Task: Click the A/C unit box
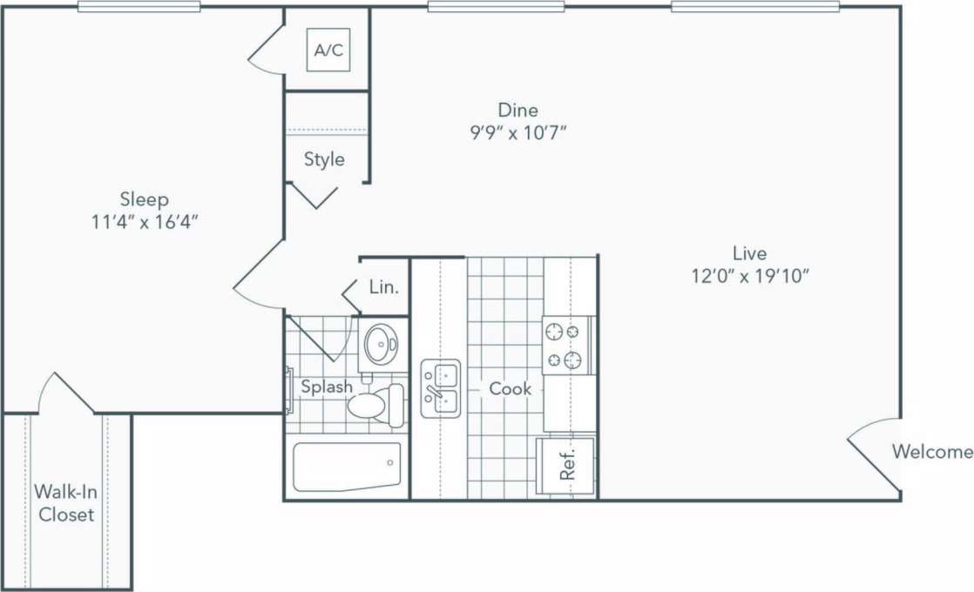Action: pyautogui.click(x=328, y=50)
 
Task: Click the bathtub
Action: pyautogui.click(x=347, y=467)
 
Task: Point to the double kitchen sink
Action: pyautogui.click(x=441, y=388)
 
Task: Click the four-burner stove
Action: pyautogui.click(x=563, y=345)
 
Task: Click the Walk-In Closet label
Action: pyautogui.click(x=66, y=503)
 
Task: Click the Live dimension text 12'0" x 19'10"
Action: pyautogui.click(x=749, y=277)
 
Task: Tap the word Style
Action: pyautogui.click(x=324, y=159)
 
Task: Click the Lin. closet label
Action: pyautogui.click(x=383, y=286)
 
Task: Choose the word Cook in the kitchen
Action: pyautogui.click(x=511, y=388)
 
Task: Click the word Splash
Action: pyautogui.click(x=327, y=387)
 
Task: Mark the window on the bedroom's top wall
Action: pyautogui.click(x=139, y=7)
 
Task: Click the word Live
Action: pyautogui.click(x=749, y=253)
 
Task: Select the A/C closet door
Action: pyautogui.click(x=267, y=50)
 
